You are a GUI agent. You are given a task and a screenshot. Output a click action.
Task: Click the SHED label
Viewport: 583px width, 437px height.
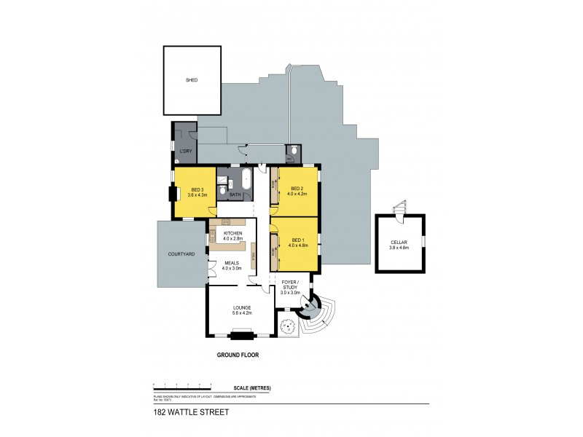tap(192, 80)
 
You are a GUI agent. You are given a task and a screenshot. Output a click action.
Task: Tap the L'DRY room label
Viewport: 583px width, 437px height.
tap(185, 151)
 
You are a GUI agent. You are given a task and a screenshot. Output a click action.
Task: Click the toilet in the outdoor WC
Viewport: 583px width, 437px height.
tap(291, 157)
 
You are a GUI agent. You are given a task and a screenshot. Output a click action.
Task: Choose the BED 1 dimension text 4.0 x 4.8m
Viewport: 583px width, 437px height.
tap(298, 245)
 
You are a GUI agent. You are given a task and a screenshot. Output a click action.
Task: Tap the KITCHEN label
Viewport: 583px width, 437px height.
tap(232, 232)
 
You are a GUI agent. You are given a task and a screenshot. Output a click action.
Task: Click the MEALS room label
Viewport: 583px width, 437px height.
tap(232, 263)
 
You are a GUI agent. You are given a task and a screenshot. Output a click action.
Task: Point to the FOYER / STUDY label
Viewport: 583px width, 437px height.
tap(290, 285)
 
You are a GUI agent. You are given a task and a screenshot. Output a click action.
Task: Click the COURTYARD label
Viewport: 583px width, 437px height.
tap(180, 254)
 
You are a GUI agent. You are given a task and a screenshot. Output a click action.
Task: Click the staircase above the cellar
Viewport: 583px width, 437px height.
tap(399, 209)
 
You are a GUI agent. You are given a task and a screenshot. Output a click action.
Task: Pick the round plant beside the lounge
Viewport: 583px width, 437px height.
tap(289, 326)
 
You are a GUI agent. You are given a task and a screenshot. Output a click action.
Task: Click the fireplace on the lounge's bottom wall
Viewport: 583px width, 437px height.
tap(241, 334)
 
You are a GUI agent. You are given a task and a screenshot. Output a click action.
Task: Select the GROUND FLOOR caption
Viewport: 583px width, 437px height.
tap(238, 355)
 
